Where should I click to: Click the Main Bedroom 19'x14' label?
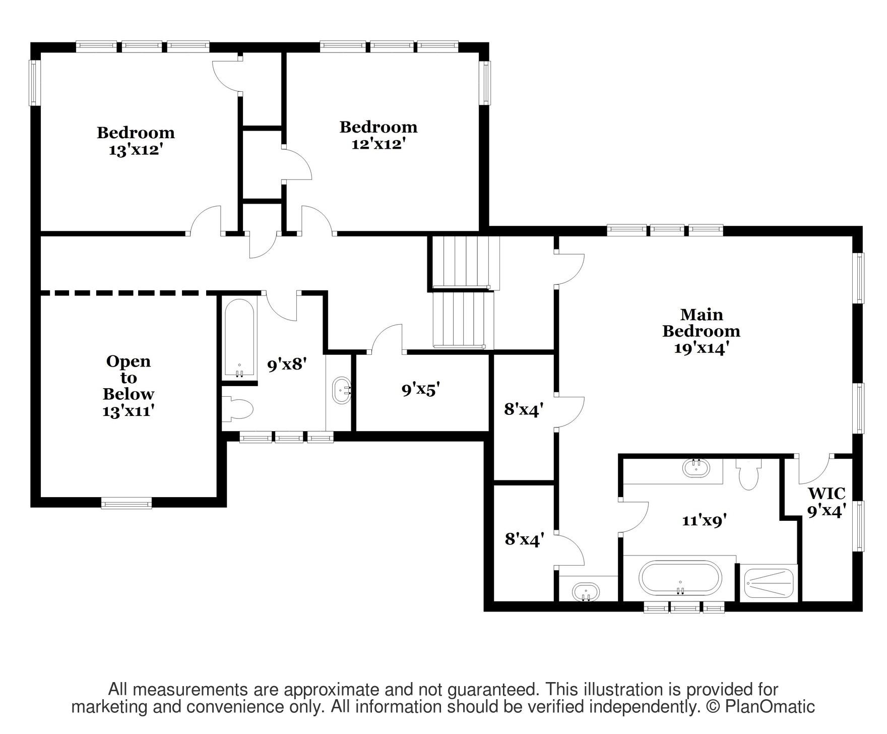[x=701, y=331]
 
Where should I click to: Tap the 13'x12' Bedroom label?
[x=136, y=141]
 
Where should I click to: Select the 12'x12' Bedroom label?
[x=378, y=135]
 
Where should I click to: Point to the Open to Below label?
[x=128, y=386]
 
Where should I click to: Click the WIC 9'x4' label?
[x=827, y=502]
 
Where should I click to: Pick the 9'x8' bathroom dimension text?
[x=287, y=364]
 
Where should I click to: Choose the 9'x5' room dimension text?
[x=421, y=389]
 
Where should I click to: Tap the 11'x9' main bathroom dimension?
[x=704, y=520]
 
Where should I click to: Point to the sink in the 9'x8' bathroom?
[x=342, y=390]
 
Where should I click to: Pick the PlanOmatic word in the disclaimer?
[x=770, y=707]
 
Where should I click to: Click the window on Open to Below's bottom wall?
[x=126, y=503]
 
